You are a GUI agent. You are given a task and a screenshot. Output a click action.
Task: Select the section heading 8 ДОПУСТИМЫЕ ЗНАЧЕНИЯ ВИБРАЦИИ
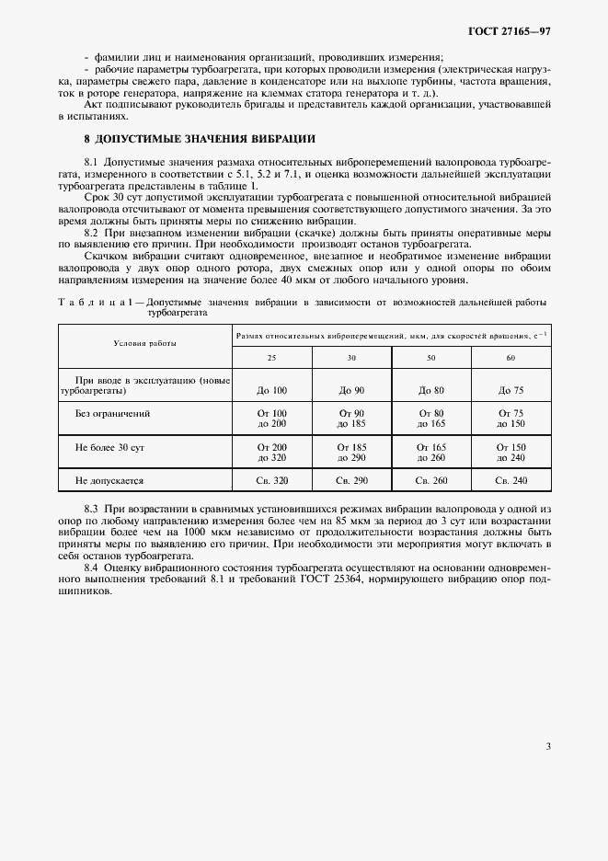(201, 139)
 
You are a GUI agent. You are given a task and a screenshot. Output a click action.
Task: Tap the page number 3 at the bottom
(547, 746)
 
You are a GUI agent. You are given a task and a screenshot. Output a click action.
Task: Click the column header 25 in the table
(271, 357)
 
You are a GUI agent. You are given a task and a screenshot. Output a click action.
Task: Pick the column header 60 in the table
(510, 357)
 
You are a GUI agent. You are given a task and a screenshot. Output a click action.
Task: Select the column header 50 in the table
(430, 357)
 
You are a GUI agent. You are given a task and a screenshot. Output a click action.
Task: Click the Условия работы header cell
(144, 342)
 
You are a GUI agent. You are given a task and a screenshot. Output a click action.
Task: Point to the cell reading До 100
(271, 391)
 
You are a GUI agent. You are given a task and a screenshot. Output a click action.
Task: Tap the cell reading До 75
(510, 391)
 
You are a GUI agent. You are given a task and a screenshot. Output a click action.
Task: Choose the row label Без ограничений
(112, 414)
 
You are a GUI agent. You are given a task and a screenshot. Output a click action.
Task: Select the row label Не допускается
(109, 480)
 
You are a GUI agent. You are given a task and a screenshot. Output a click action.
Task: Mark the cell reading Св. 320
(271, 480)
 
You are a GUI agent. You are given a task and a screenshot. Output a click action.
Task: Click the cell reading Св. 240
(510, 480)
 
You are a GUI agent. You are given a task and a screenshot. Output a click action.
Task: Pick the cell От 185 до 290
(351, 451)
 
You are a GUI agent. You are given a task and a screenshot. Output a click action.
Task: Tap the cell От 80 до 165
(430, 419)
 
